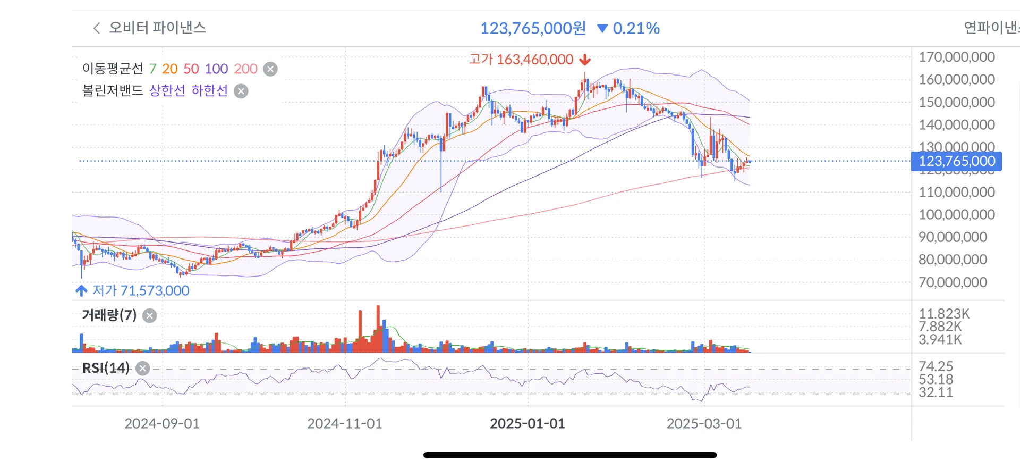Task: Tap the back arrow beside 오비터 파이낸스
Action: (97, 28)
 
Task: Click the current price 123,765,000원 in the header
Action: (533, 28)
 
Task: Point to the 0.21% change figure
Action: (636, 28)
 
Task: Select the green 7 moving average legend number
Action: (153, 69)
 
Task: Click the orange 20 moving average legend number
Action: (170, 69)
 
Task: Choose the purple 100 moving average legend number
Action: (216, 69)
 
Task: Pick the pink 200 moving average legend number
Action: (245, 69)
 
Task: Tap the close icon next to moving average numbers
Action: (270, 69)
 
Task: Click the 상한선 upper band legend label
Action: (167, 90)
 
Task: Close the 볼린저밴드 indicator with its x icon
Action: (241, 91)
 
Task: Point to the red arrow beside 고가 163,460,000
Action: (585, 60)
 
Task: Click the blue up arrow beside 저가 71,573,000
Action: (81, 290)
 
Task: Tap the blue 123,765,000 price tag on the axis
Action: (956, 161)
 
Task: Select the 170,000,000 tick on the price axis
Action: (956, 57)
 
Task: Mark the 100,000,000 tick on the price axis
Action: (956, 214)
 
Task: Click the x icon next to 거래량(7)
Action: (150, 316)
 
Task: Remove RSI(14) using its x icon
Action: (142, 368)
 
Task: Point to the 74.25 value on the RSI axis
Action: (936, 366)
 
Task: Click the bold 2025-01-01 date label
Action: (527, 423)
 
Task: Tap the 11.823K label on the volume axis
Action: (944, 314)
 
